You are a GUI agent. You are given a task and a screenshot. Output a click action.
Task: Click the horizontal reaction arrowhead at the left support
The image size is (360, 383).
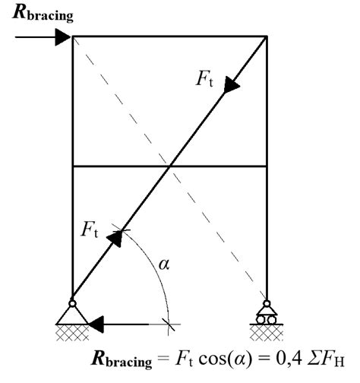[x=96, y=325]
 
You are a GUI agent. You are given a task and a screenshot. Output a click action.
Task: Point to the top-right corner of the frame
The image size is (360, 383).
[x=266, y=36]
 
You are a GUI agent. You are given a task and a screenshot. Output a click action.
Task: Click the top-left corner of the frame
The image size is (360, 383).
[x=72, y=36]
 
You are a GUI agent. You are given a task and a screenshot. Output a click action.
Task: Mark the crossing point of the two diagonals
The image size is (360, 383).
[x=170, y=166]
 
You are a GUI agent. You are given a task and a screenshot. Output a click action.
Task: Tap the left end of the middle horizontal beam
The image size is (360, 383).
[x=72, y=166]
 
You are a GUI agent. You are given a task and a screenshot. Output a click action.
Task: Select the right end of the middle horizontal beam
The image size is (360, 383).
[x=266, y=166]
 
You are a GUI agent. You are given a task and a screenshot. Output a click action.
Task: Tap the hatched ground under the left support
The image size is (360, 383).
[x=72, y=332]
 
